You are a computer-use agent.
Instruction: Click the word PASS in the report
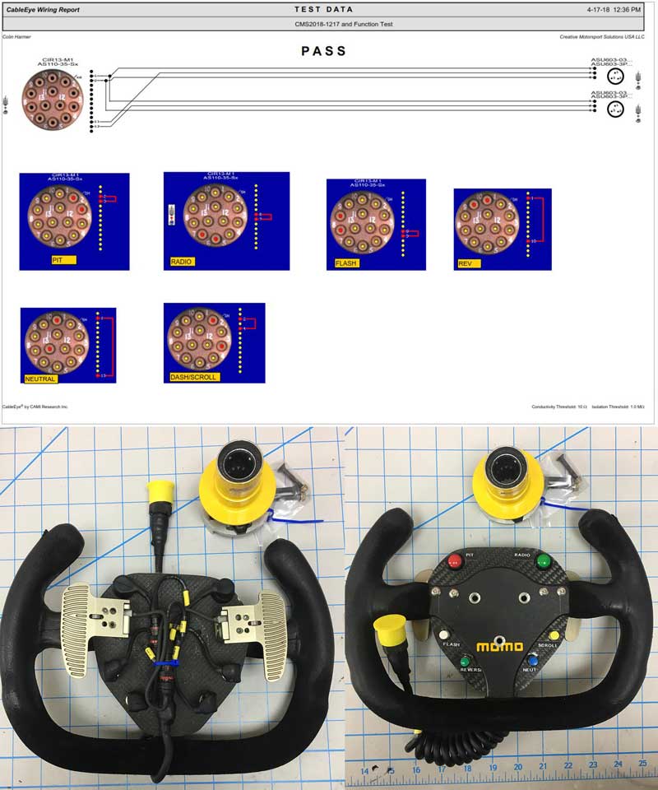pos(324,51)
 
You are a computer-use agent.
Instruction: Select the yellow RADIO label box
pos(184,261)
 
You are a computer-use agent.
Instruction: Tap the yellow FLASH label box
pos(346,263)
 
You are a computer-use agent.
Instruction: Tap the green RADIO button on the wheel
pos(543,563)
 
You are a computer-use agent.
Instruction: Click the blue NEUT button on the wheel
pos(533,659)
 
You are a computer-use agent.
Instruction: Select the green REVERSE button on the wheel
pos(466,661)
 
